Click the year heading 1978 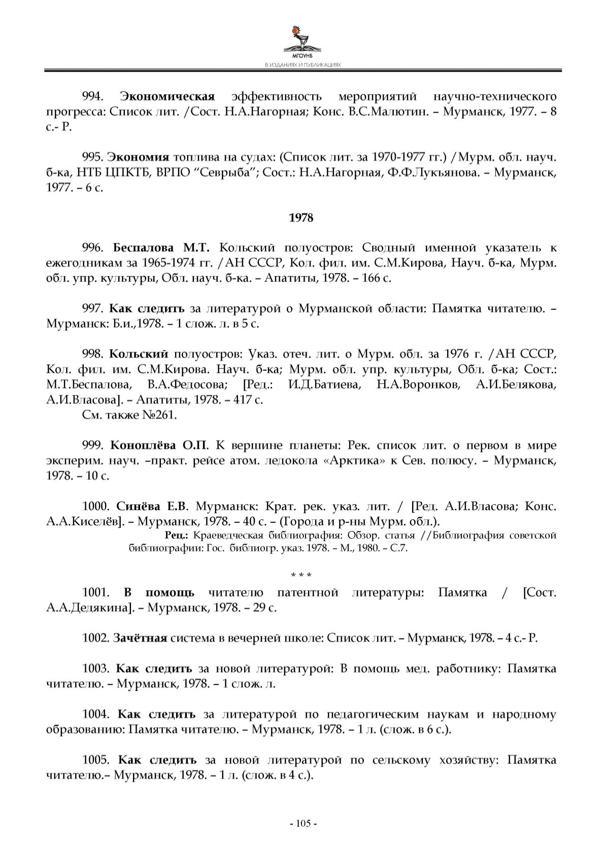[x=301, y=218]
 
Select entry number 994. [x=93, y=96]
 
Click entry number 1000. [x=96, y=506]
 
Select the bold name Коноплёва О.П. [x=159, y=446]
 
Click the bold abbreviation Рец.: [x=177, y=536]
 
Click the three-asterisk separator [x=301, y=575]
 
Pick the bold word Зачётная [x=140, y=638]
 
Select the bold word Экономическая [x=167, y=96]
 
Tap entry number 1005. [x=96, y=761]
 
